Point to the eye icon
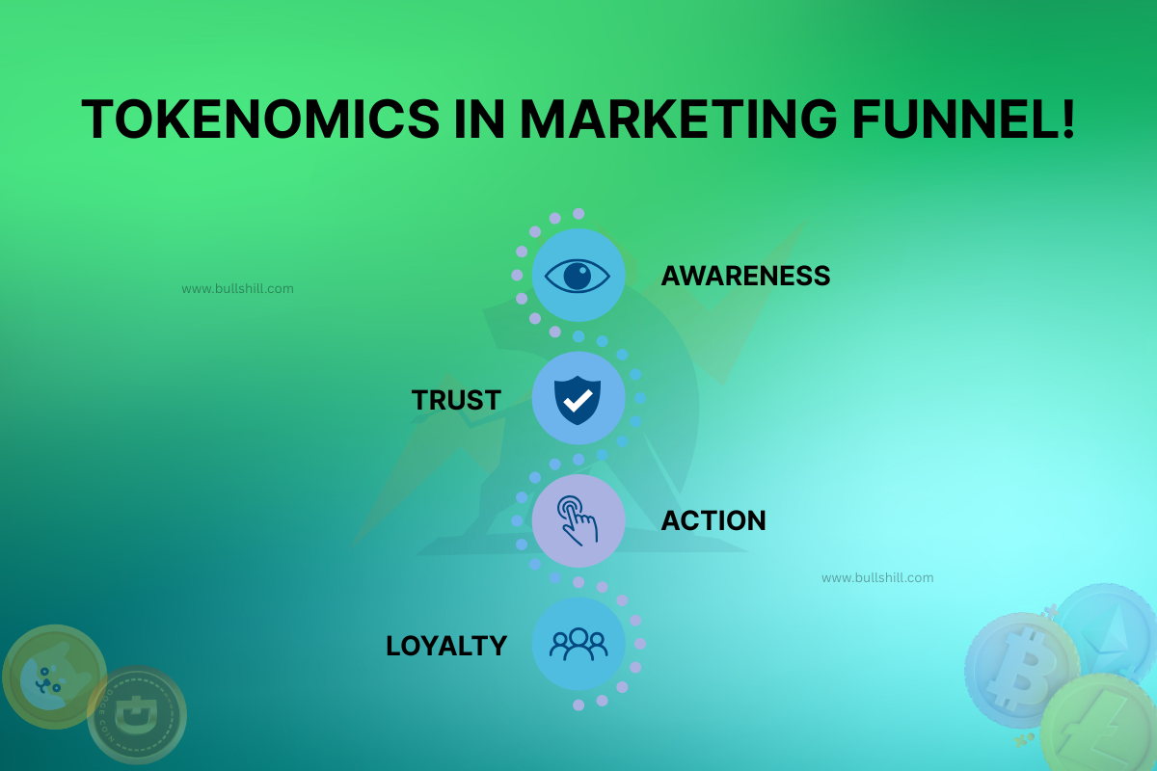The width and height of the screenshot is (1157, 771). (578, 276)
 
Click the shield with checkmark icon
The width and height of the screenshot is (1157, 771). (578, 398)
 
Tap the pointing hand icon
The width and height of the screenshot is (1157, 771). (578, 520)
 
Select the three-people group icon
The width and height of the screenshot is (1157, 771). (578, 643)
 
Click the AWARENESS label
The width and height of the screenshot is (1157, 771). (745, 277)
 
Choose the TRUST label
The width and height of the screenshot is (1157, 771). (456, 400)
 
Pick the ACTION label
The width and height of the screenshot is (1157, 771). (713, 521)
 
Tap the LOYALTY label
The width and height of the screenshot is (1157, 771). (446, 645)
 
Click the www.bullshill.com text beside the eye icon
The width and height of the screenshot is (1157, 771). (237, 288)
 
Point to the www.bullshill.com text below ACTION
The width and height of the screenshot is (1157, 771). (877, 578)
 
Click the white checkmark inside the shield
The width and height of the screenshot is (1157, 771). (578, 402)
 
